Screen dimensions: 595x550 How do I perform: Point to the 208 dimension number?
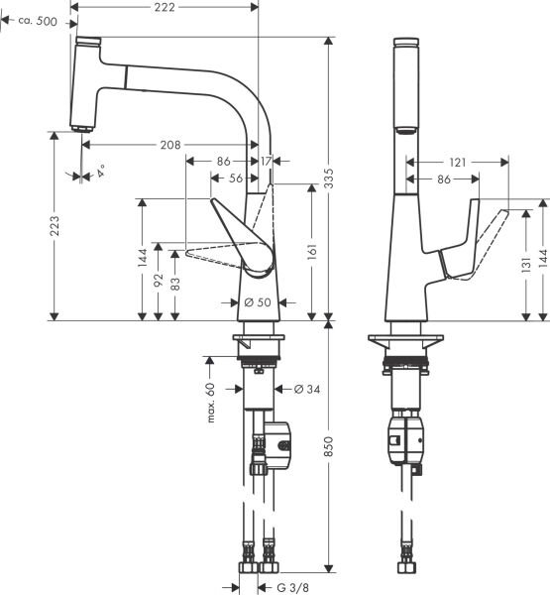pos(170,145)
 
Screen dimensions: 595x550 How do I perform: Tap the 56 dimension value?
pos(235,179)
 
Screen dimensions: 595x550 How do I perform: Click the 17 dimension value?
pos(268,161)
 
